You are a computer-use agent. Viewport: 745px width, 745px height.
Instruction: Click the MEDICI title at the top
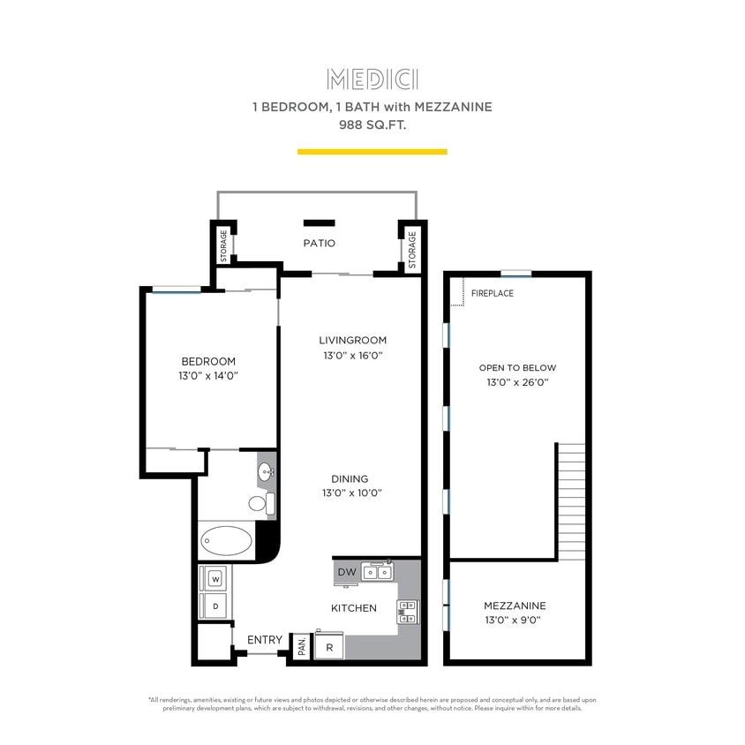point(372,79)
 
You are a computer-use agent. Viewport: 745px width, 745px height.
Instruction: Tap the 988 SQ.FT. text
point(372,124)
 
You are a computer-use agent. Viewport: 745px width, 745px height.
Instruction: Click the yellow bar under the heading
point(372,152)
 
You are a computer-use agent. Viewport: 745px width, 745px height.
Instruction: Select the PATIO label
point(319,243)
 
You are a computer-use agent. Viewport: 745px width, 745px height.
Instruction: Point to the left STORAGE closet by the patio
point(223,245)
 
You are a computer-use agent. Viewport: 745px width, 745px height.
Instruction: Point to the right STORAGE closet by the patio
point(411,250)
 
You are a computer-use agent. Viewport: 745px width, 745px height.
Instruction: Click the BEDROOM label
point(208,361)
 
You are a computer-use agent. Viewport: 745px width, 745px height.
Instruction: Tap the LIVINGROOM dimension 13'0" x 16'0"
point(352,356)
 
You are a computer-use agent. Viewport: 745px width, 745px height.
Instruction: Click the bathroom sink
point(267,473)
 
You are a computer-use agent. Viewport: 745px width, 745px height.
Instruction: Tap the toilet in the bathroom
point(260,504)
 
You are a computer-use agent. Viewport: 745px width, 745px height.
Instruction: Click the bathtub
point(226,540)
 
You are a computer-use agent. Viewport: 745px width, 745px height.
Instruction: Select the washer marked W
point(214,579)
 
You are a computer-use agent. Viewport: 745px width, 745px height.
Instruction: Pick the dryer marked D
point(214,606)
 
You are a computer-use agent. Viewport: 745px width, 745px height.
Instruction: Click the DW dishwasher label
point(347,573)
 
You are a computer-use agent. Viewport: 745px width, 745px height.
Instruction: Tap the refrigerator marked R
point(329,647)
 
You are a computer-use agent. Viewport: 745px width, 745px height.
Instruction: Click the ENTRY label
point(265,640)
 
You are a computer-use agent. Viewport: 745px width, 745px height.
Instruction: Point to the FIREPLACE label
point(492,293)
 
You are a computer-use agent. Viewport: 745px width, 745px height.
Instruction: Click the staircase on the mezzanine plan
point(571,500)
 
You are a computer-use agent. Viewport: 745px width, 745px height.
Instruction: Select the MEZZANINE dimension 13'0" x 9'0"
point(514,620)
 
